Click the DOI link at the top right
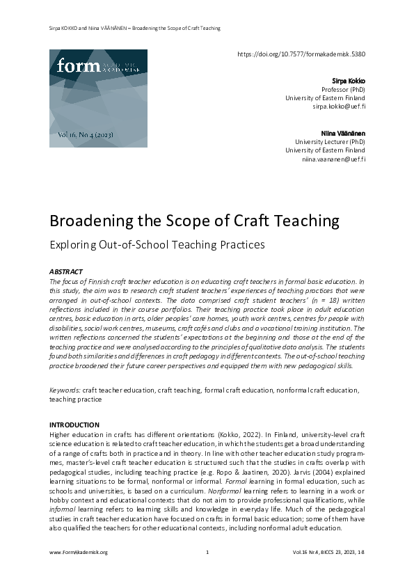pyautogui.click(x=301, y=54)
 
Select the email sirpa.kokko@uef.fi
pyautogui.click(x=339, y=107)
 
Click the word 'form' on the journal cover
pyautogui.click(x=74, y=66)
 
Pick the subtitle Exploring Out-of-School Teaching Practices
pyautogui.click(x=157, y=245)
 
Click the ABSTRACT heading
pyautogui.click(x=66, y=271)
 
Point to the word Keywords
pyautogui.click(x=65, y=390)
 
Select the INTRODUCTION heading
pyautogui.click(x=74, y=425)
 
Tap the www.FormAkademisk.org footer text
pyautogui.click(x=78, y=553)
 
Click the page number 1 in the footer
pyautogui.click(x=207, y=553)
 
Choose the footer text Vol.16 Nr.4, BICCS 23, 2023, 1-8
pyautogui.click(x=328, y=553)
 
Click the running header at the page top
pyautogui.click(x=134, y=29)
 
